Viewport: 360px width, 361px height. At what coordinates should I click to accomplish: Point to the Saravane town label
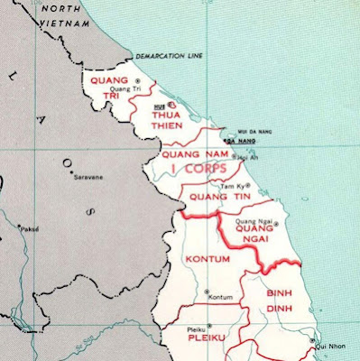(x=87, y=178)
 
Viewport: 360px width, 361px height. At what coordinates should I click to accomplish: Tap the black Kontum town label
(x=220, y=297)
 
